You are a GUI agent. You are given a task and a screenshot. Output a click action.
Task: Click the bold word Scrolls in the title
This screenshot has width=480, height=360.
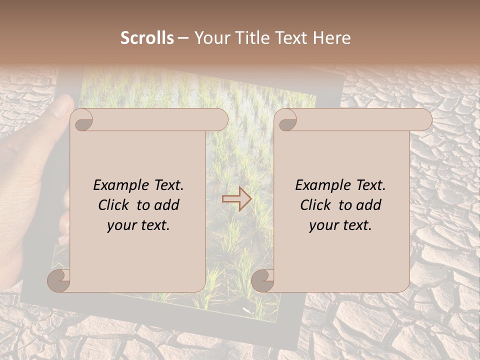[x=147, y=38]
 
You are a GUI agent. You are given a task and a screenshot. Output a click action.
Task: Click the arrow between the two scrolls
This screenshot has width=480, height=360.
[x=236, y=198]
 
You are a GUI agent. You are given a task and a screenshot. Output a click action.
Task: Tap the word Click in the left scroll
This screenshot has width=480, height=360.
[x=114, y=205]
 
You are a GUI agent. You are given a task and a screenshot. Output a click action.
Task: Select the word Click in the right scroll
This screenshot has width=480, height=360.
[x=316, y=205]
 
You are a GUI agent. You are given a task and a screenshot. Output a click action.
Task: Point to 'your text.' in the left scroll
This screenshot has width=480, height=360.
[x=138, y=225]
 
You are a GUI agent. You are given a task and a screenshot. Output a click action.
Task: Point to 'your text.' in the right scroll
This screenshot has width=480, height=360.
[x=340, y=225]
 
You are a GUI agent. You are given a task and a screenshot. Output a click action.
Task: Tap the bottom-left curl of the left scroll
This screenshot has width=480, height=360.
[x=59, y=280]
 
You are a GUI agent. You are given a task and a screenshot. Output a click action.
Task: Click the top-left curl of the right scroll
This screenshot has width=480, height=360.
[x=286, y=120]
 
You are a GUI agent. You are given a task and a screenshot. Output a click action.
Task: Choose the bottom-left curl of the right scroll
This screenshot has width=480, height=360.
[x=262, y=280]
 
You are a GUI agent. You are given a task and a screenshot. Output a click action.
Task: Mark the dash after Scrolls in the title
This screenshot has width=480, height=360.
[x=183, y=38]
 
